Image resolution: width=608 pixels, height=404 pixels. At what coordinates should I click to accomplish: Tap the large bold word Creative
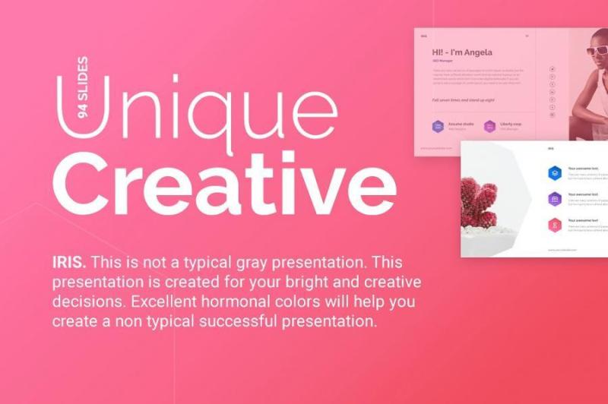point(224,186)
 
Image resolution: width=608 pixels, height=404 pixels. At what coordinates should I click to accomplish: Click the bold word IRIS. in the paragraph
point(68,263)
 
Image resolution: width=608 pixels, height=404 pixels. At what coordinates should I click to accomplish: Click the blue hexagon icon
point(555,172)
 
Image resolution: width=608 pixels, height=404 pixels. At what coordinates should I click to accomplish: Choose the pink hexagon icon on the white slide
point(555,225)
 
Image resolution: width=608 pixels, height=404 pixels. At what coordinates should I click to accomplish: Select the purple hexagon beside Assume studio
point(439,126)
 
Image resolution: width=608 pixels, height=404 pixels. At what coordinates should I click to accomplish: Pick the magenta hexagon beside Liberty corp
point(491,126)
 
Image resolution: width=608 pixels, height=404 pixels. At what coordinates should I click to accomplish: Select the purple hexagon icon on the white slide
point(555,199)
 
